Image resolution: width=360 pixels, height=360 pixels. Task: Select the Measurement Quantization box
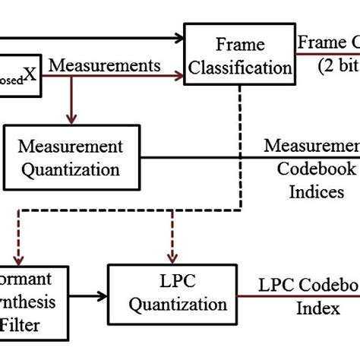click(x=72, y=157)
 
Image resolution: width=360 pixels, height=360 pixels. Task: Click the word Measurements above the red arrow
click(x=105, y=66)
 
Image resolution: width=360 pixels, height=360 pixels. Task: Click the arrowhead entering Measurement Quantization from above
click(x=71, y=119)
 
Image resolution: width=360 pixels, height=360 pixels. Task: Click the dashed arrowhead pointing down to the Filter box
click(x=17, y=257)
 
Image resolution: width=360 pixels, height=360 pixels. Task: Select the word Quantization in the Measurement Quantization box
click(x=72, y=169)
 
